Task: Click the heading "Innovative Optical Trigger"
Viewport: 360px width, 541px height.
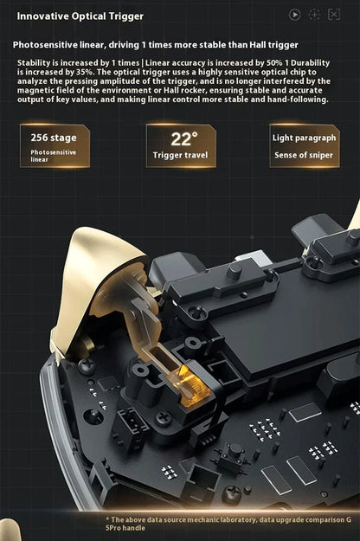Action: coord(80,16)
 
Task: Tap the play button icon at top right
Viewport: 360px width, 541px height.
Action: coord(295,15)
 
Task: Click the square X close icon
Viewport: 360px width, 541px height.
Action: coord(334,15)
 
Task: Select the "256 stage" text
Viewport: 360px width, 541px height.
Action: coord(54,138)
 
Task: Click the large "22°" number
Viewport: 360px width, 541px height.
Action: coord(183,138)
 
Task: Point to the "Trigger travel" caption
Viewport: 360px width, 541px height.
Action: coord(181,156)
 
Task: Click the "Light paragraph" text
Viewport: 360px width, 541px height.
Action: coord(304,138)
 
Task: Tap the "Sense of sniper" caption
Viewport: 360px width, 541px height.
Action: coord(304,155)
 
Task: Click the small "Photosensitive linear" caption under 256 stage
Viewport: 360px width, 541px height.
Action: coord(53,156)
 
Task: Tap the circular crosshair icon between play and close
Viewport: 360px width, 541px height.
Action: coord(314,15)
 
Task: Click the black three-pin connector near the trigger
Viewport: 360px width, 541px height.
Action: coord(130,423)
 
